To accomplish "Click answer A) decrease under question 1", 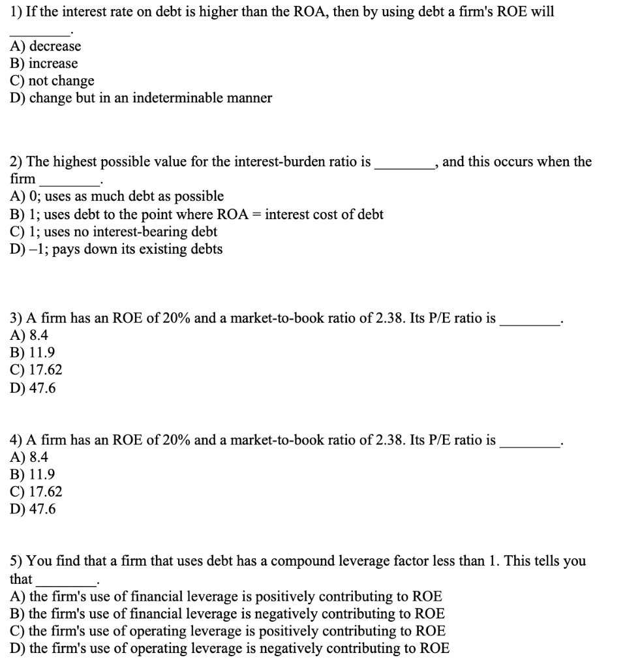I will click(x=46, y=46).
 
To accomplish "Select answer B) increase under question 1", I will click(x=44, y=64).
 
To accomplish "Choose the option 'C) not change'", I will click(x=52, y=81).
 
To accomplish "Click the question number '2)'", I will click(x=17, y=162).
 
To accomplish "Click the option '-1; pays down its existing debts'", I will click(x=117, y=249).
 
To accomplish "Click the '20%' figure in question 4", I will click(x=176, y=440).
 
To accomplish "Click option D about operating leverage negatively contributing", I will click(x=230, y=648).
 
